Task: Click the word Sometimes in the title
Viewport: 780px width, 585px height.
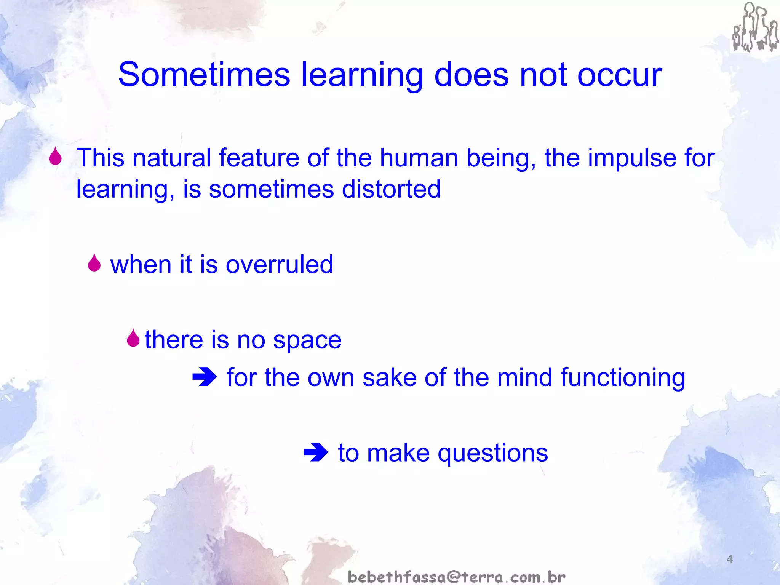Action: click(204, 75)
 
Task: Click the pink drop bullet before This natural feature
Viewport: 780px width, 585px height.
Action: click(56, 157)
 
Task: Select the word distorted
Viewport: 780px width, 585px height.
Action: click(391, 189)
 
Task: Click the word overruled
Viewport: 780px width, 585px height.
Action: click(279, 264)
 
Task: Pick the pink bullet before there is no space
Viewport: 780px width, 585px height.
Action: click(133, 338)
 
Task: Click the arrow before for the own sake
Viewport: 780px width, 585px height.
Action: click(205, 377)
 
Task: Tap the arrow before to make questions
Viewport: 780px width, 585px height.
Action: click(316, 452)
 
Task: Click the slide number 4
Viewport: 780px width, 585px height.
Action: click(729, 559)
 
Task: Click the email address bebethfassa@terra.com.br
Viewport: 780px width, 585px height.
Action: click(457, 577)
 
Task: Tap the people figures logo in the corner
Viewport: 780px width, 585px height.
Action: click(754, 27)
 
